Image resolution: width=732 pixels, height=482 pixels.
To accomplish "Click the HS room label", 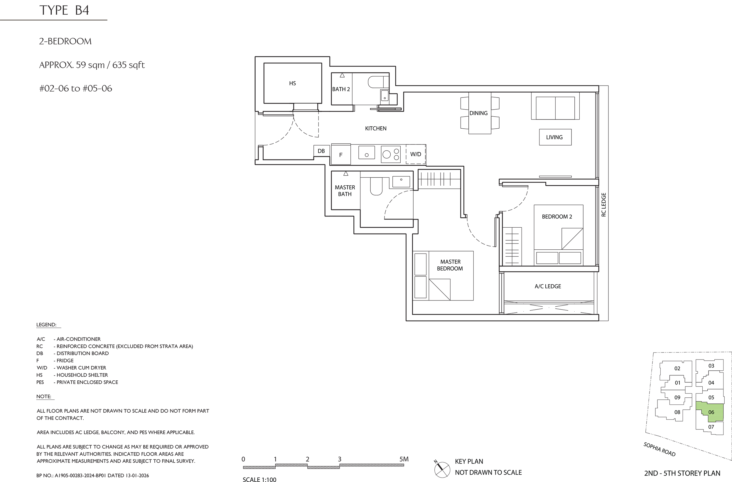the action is (293, 83).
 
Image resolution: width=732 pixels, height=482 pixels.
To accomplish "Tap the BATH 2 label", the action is (341, 89).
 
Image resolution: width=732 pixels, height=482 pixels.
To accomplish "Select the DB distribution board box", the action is (321, 151).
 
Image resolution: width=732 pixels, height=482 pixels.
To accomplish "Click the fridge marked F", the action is (341, 154).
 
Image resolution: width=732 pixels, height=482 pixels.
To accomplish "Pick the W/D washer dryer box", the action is (416, 154).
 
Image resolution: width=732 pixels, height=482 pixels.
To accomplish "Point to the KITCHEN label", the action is (375, 128).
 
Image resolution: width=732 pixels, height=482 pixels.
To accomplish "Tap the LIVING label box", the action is (555, 137).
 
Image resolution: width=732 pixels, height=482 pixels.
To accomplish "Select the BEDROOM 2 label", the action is (557, 217).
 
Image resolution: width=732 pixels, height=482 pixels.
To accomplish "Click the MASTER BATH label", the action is (345, 191).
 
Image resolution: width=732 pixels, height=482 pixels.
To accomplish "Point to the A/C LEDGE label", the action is (548, 286).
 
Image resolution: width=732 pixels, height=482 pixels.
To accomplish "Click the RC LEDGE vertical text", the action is (603, 205).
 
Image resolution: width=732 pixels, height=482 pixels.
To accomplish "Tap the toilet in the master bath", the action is (376, 186).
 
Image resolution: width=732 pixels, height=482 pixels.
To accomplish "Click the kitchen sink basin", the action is (366, 153).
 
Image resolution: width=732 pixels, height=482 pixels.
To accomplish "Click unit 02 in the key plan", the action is (677, 368).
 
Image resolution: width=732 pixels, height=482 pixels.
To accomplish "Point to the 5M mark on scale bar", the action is (404, 459).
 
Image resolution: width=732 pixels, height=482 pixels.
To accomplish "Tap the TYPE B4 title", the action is (64, 10).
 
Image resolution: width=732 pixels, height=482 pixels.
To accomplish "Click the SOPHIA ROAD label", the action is (660, 449).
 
